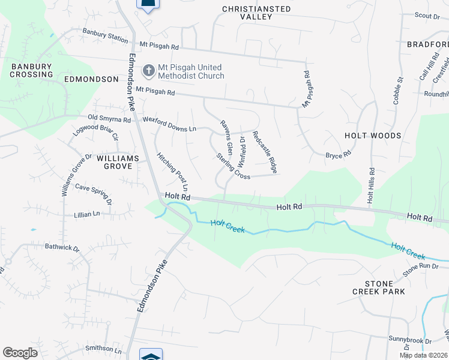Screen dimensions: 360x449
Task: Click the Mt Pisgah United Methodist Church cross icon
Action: click(148, 71)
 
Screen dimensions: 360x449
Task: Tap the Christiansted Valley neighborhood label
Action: click(256, 13)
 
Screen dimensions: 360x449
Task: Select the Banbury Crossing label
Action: click(32, 70)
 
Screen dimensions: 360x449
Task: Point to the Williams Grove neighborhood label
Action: click(118, 162)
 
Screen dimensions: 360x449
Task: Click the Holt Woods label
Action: click(373, 136)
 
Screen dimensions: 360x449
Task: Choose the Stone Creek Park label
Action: click(379, 287)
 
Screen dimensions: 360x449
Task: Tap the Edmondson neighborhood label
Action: click(91, 79)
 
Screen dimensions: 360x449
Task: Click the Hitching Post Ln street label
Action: click(173, 171)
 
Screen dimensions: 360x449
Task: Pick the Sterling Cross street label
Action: click(234, 166)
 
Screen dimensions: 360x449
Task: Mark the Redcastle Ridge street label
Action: click(265, 152)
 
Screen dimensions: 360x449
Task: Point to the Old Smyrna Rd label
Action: click(109, 119)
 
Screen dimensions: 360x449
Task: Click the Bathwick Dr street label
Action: click(62, 247)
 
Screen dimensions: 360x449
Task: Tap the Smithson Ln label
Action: click(103, 348)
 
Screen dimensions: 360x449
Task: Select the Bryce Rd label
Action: click(338, 155)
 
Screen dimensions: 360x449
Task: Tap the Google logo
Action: click(20, 353)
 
